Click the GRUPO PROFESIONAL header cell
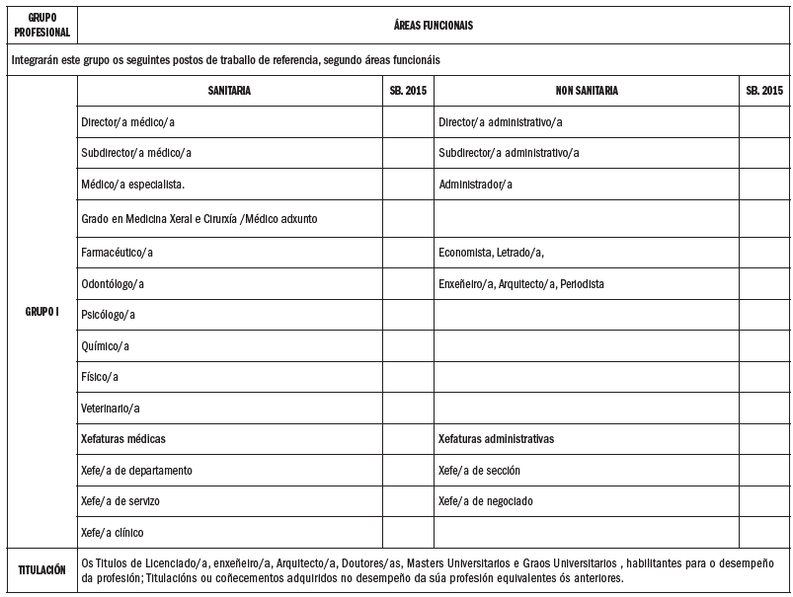coord(40,25)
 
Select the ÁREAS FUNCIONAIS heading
coord(434,26)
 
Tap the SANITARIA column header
coord(229,90)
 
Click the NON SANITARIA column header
coord(587,90)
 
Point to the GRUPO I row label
coord(41,312)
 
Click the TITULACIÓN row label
coord(41,570)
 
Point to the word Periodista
coord(582,284)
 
